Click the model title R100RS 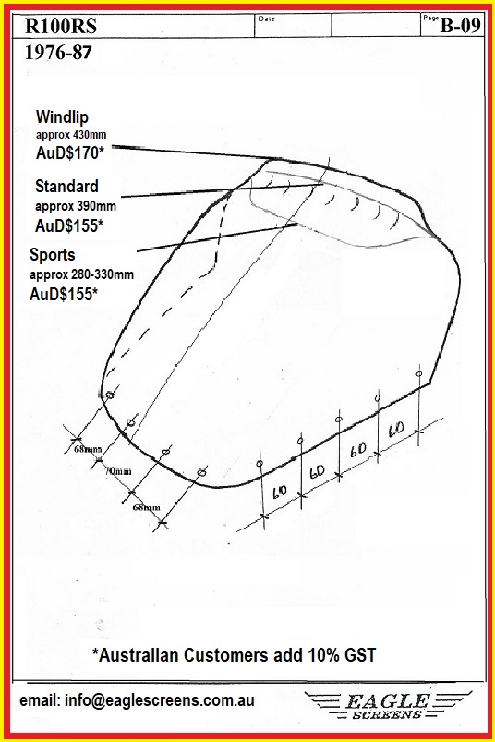pos(61,26)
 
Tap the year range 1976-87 pos(57,52)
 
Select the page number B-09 pos(461,26)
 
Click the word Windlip pos(62,116)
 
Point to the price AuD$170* pos(70,152)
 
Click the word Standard pos(66,186)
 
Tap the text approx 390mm pos(75,206)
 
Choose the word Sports pos(53,255)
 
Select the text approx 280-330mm pos(81,274)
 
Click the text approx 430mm pos(71,135)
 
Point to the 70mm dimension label pos(117,471)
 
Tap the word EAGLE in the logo pos(387,700)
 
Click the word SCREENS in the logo pos(387,714)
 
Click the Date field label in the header pos(267,18)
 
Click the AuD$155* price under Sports pos(64,295)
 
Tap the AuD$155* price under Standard pos(69,225)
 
